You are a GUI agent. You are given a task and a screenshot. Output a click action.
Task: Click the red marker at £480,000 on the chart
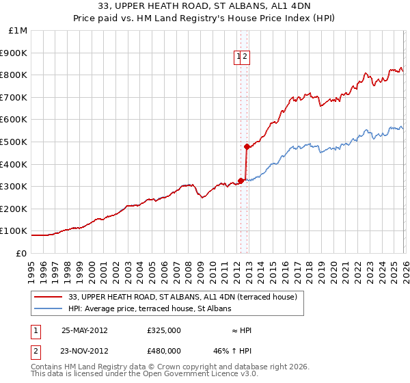(247, 146)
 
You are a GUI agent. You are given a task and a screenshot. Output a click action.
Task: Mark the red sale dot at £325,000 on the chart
(241, 181)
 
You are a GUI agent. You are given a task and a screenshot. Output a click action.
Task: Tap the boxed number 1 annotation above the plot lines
(239, 57)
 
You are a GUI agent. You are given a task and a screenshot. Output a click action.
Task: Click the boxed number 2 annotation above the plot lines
(245, 57)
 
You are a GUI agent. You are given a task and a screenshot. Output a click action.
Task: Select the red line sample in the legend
(49, 298)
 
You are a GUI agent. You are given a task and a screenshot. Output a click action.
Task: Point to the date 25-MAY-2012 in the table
(85, 330)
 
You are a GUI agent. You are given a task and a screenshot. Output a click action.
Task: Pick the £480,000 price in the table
(164, 350)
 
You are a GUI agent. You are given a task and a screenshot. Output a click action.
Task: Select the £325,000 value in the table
(164, 330)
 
